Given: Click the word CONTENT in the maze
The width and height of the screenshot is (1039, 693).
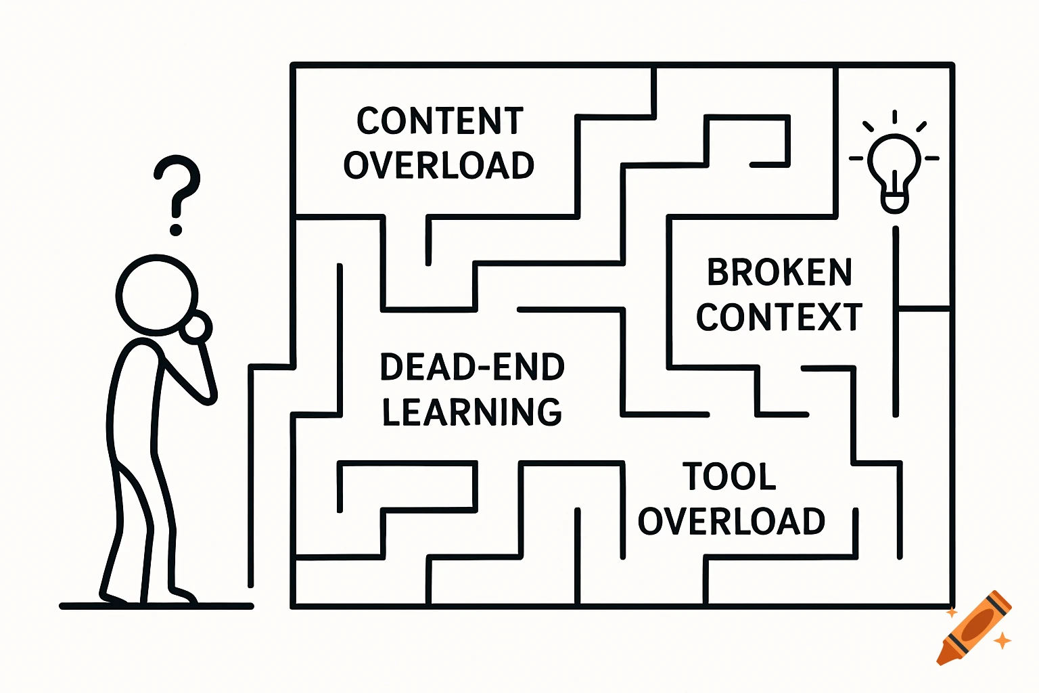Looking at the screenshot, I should click(440, 121).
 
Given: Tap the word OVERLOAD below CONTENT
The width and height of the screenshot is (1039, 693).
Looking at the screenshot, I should click(439, 166).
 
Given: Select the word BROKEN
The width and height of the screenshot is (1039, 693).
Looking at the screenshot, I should click(779, 273).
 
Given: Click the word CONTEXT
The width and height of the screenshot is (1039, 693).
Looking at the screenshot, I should click(779, 317).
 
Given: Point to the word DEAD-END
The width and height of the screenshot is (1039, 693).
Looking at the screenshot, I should click(472, 367).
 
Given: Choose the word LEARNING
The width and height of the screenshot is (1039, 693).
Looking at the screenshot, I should click(472, 412).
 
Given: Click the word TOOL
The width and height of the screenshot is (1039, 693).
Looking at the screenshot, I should click(729, 476).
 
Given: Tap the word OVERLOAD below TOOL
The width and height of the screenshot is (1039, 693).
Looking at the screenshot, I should click(731, 522).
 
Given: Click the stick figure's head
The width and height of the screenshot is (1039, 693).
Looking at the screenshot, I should click(156, 295).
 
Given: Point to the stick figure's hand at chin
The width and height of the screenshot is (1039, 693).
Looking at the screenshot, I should click(197, 328).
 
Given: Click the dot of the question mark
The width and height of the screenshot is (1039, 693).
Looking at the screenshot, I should click(176, 229).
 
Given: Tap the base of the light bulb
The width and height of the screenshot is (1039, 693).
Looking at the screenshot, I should click(894, 202).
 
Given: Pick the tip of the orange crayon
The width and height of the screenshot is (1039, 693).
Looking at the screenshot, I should click(942, 658).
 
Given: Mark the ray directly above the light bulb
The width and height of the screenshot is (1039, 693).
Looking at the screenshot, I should click(894, 116).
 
